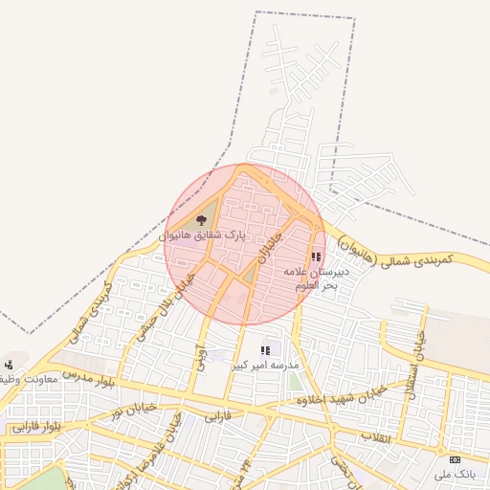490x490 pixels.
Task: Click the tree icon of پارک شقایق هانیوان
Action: [x=201, y=220]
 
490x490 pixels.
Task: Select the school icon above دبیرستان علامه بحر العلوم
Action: [x=316, y=256]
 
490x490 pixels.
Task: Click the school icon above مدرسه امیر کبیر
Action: [x=265, y=351]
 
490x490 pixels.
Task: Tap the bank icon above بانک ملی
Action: [x=455, y=459]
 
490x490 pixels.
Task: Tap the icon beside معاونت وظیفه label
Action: [x=9, y=364]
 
